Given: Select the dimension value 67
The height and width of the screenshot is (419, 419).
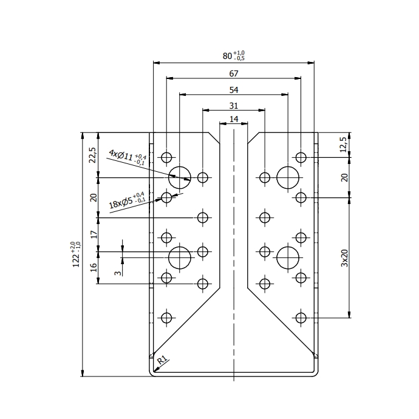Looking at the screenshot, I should coord(234,73).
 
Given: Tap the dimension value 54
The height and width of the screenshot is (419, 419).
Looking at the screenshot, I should coord(234,90).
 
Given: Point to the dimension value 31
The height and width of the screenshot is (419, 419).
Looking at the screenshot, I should coord(234,106).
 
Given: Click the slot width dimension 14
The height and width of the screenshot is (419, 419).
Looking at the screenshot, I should coord(234,119).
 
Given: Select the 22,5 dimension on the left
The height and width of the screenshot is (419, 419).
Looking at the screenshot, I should coord(93,155).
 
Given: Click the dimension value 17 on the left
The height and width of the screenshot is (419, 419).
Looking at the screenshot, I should coord(93,234).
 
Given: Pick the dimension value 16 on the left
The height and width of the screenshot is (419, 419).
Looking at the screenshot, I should coord(93,268).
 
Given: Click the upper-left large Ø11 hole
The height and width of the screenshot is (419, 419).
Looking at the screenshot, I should coord(180,177).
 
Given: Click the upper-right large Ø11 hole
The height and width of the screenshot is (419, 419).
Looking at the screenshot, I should coord(288,177).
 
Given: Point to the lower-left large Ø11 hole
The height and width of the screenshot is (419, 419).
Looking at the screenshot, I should coord(180,257).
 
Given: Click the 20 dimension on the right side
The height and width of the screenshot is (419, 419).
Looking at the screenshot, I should coord(344,177).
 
